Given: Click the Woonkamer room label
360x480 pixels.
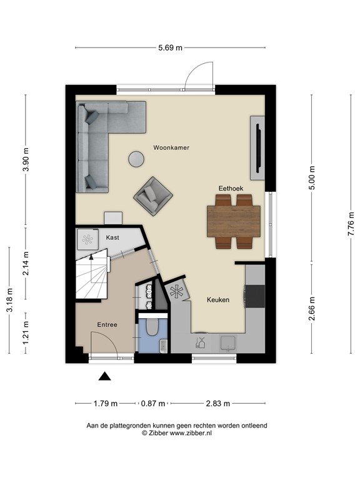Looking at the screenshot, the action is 171,147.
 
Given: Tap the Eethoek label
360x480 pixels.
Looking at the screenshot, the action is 231,188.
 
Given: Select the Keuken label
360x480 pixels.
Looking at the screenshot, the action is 218,300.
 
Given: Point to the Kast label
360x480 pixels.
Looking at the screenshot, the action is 112,237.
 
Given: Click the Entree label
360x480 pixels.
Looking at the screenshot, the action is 107,325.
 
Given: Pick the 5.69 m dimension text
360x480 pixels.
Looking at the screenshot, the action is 170,47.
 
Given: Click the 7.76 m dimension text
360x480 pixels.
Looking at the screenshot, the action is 351,224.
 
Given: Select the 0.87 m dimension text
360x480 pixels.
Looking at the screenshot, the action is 152,404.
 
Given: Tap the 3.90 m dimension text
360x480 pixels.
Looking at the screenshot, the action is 26,159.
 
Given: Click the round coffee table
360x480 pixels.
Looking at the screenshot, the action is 136,159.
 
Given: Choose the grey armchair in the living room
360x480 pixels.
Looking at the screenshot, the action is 153,196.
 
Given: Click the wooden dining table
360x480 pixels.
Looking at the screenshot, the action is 234,221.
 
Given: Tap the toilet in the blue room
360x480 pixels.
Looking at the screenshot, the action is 152,327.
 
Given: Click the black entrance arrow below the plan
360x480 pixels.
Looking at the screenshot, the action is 105,376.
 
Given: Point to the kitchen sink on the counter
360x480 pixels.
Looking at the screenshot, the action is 228,343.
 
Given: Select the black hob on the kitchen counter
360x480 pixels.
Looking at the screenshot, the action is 255,296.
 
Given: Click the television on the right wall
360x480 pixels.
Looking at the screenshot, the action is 259,148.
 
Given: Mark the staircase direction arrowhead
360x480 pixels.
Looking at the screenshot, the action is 91,257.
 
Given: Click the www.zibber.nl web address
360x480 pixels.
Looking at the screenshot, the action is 191,433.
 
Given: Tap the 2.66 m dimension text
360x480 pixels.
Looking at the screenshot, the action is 312,309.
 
